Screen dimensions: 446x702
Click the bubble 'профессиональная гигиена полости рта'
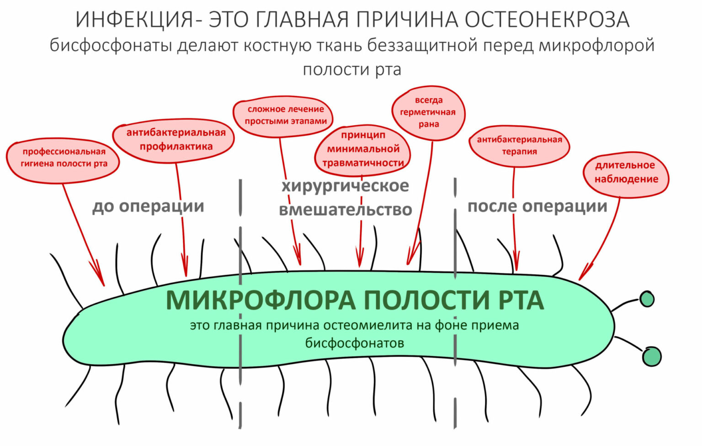tap(64, 158)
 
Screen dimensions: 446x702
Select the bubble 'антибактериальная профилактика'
tap(175, 139)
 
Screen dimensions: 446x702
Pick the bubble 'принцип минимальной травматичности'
tap(363, 149)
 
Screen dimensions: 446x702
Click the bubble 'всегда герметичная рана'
tap(428, 112)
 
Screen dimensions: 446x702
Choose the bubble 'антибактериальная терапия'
tap(519, 145)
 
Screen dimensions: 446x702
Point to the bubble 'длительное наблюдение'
tap(626, 172)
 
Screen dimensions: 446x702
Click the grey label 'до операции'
tap(148, 206)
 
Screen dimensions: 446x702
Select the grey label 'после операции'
tap(537, 206)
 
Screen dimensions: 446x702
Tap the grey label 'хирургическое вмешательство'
tap(345, 197)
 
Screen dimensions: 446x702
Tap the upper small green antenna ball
tap(647, 299)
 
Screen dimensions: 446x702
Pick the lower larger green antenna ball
tap(651, 356)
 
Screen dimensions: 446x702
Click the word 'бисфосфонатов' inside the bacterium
tap(355, 343)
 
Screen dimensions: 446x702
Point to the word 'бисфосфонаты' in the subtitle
tap(111, 46)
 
